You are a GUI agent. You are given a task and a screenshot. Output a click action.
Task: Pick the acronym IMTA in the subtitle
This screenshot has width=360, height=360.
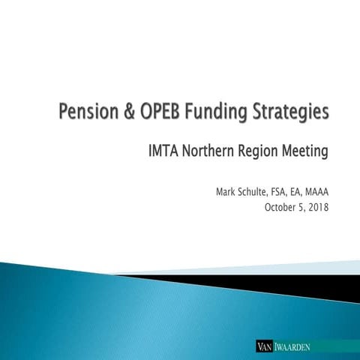coord(163,153)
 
